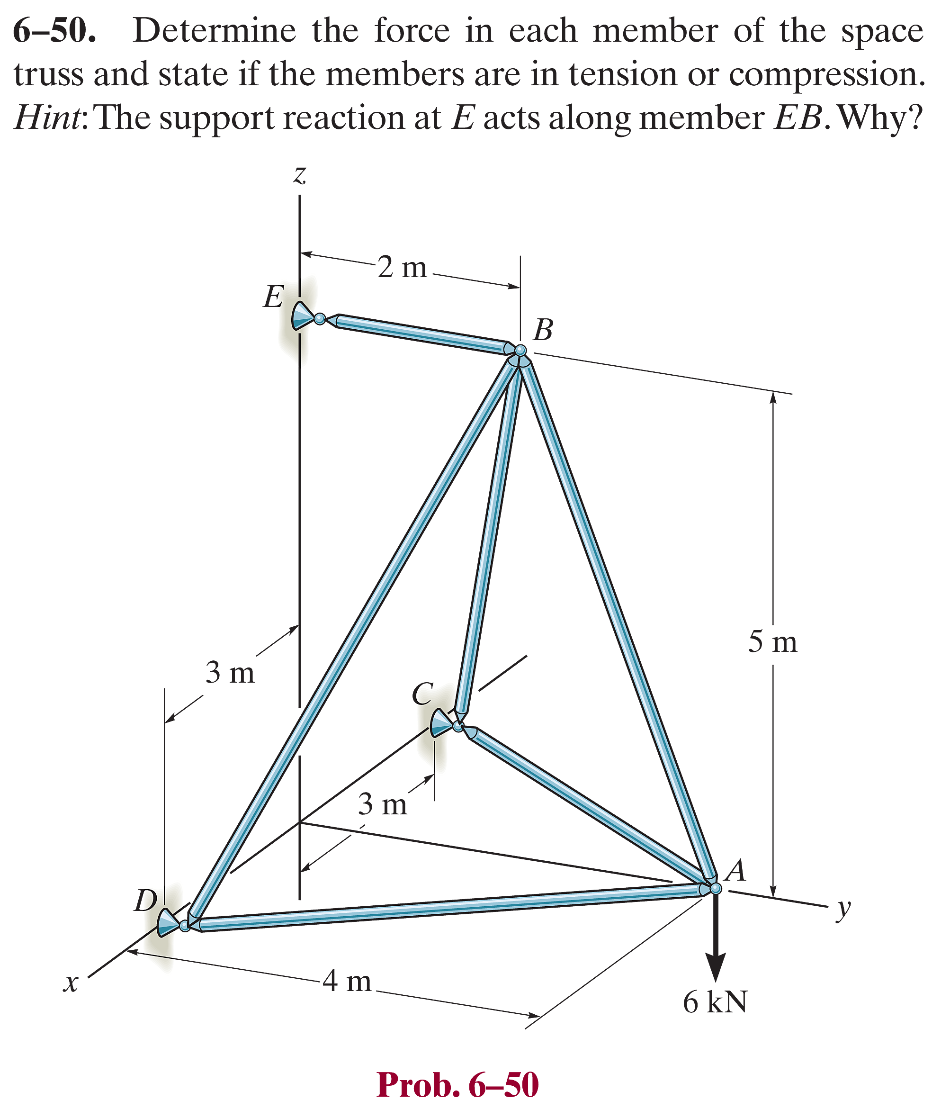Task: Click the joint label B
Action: click(x=543, y=330)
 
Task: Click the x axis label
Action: click(x=71, y=983)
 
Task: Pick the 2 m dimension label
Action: click(x=402, y=267)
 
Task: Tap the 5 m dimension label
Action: click(x=772, y=641)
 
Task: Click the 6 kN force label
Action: click(x=715, y=1002)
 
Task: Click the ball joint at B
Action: click(x=520, y=351)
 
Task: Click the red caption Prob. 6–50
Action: click(x=457, y=1084)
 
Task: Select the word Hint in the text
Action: click(x=47, y=117)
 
